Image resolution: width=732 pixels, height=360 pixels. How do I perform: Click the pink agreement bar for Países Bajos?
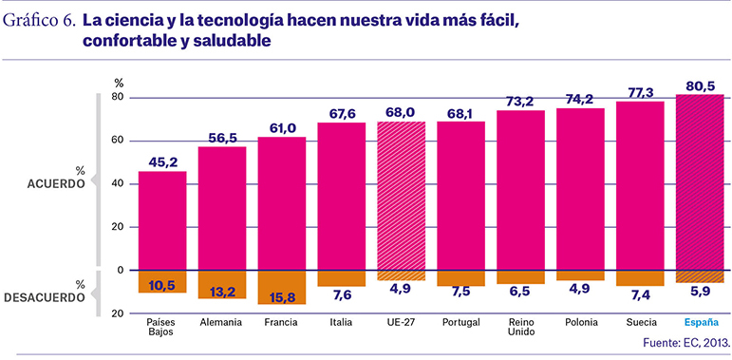click(162, 220)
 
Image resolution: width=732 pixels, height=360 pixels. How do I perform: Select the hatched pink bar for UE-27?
click(402, 196)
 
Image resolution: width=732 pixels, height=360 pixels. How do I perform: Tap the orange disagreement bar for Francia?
click(282, 287)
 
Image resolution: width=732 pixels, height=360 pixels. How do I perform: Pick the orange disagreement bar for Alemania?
click(222, 284)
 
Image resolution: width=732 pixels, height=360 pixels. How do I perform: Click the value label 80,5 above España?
click(700, 86)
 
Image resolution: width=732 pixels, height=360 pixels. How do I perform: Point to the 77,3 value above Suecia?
click(640, 93)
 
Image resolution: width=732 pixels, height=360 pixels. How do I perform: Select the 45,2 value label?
click(162, 163)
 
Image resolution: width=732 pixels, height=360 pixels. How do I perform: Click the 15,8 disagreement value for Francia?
click(282, 297)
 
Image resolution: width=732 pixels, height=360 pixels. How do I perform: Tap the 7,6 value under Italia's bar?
click(342, 295)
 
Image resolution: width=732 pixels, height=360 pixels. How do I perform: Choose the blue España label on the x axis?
click(700, 322)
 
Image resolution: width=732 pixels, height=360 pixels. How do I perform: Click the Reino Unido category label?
click(521, 327)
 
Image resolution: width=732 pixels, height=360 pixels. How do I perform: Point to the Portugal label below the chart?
click(461, 322)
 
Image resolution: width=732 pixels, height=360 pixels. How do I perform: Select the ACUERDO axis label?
click(56, 184)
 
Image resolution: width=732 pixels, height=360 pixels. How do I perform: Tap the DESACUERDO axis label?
click(45, 297)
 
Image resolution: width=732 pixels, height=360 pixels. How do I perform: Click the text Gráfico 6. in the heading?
click(40, 22)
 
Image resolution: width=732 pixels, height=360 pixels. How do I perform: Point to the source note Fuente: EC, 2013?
click(685, 343)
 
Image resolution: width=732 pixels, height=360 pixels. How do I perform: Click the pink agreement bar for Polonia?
click(580, 189)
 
